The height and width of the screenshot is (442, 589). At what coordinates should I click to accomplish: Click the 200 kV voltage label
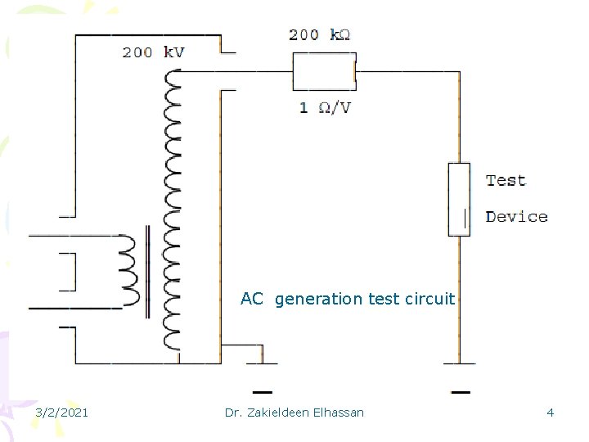153,52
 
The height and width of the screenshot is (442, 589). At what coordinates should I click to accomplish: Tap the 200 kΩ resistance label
319,34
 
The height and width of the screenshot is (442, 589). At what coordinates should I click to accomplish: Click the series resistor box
324,71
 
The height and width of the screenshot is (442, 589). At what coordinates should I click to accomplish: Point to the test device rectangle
459,199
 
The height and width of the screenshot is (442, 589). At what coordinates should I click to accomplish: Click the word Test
506,180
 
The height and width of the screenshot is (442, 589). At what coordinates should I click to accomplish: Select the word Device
516,217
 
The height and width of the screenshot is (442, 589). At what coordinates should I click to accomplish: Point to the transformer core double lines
147,271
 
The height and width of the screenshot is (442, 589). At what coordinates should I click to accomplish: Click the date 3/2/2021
62,413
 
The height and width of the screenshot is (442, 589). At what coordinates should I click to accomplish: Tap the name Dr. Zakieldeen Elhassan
294,413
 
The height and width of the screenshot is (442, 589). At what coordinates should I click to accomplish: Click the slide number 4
550,413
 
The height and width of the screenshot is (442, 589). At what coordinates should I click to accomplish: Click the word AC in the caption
252,299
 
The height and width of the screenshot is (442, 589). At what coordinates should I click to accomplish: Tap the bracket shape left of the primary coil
67,273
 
